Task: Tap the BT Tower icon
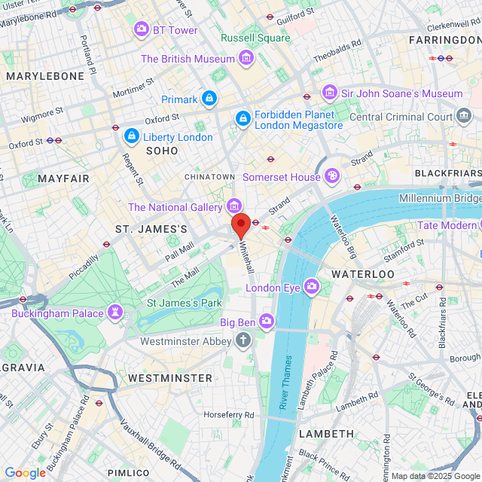point(141,29)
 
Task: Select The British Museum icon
point(246,58)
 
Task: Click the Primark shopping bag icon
point(209,99)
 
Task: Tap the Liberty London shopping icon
point(132,136)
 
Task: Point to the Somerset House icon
point(332,176)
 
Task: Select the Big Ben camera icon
point(267,322)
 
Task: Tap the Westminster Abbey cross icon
point(243,340)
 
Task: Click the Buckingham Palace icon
point(115,312)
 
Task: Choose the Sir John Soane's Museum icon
point(329,93)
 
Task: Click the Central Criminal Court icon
point(464,117)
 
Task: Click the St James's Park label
point(184,303)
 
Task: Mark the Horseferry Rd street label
point(228,414)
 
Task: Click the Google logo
point(26,472)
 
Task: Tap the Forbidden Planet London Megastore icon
point(243,118)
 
